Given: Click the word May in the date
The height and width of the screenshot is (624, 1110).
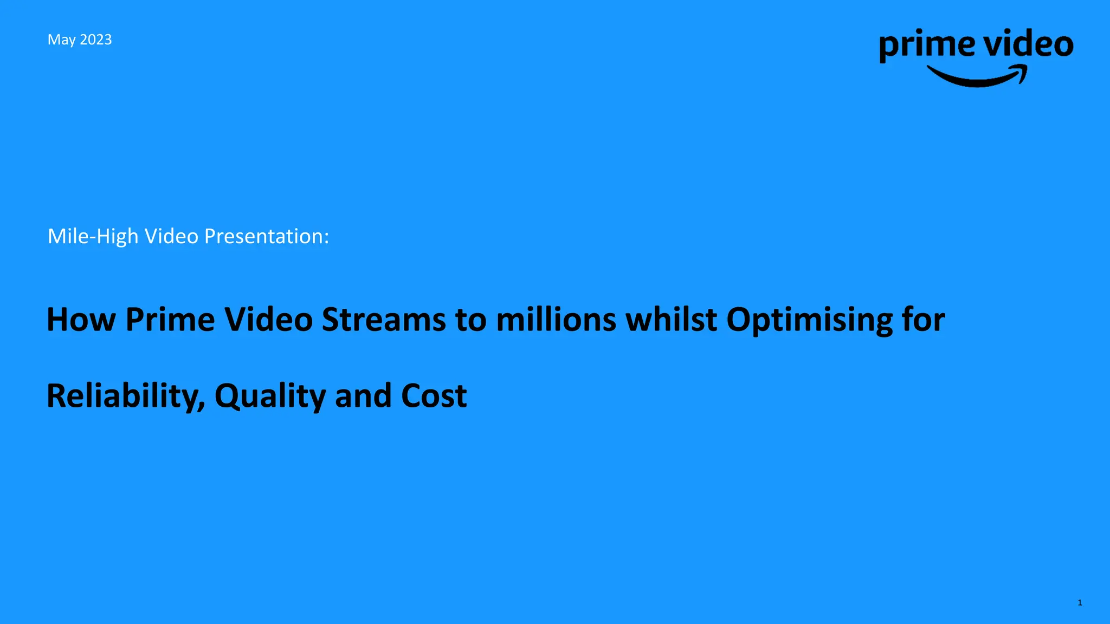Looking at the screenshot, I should (x=61, y=40).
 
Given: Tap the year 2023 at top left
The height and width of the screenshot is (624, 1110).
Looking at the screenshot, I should (x=96, y=40).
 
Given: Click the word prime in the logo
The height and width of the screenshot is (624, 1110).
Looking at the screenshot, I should (x=927, y=45).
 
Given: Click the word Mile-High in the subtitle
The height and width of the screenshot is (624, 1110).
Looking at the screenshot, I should (x=93, y=237).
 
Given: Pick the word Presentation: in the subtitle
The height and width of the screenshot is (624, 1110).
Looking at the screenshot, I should (x=266, y=237).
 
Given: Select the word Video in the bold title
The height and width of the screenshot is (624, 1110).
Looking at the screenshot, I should (x=268, y=320).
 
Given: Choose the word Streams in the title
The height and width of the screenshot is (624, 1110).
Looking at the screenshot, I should (x=384, y=320).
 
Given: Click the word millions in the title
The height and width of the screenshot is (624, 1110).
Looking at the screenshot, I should (x=556, y=320).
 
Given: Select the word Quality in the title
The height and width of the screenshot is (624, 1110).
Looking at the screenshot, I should (x=270, y=396).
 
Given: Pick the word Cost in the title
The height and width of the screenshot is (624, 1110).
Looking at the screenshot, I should (x=434, y=396).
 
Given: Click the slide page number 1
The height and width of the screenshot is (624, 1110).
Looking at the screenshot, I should (x=1080, y=603).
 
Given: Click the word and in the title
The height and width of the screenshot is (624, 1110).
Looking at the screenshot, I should (x=363, y=396).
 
